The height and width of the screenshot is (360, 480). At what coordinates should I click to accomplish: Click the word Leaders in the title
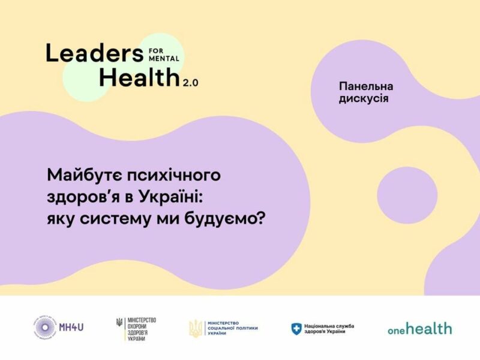[x=91, y=53]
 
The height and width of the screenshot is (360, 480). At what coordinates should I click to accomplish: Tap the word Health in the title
[x=139, y=77]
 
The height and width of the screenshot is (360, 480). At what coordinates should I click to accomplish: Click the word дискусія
[x=363, y=98]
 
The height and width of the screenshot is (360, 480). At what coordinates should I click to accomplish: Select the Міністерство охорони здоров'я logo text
[x=142, y=327]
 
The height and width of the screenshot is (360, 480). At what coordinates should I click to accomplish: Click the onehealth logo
[x=419, y=328]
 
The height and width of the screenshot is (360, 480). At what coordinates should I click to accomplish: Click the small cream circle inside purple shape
[x=407, y=196]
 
